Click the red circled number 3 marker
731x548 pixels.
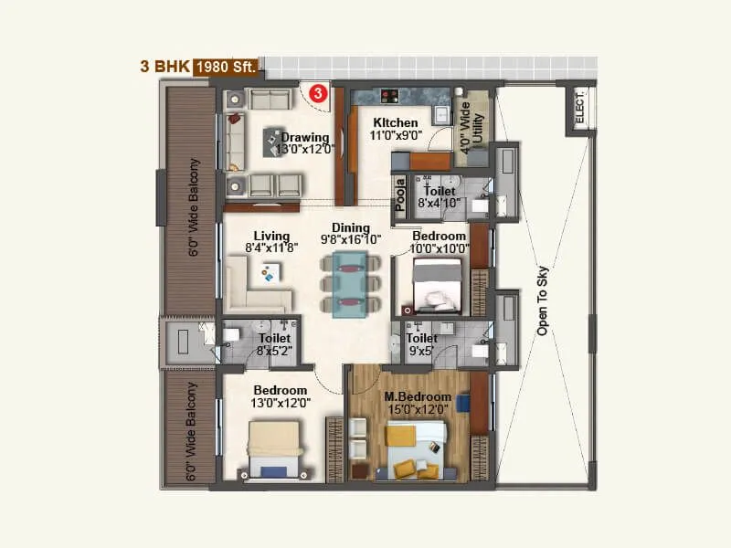317,92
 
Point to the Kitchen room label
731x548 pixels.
395,122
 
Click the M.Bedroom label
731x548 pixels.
418,396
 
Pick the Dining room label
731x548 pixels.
351,228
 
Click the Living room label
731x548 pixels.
272,236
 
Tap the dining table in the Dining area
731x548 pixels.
351,284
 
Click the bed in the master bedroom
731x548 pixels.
416,450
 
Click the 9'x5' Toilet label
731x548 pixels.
422,339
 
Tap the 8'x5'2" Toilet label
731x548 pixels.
274,338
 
